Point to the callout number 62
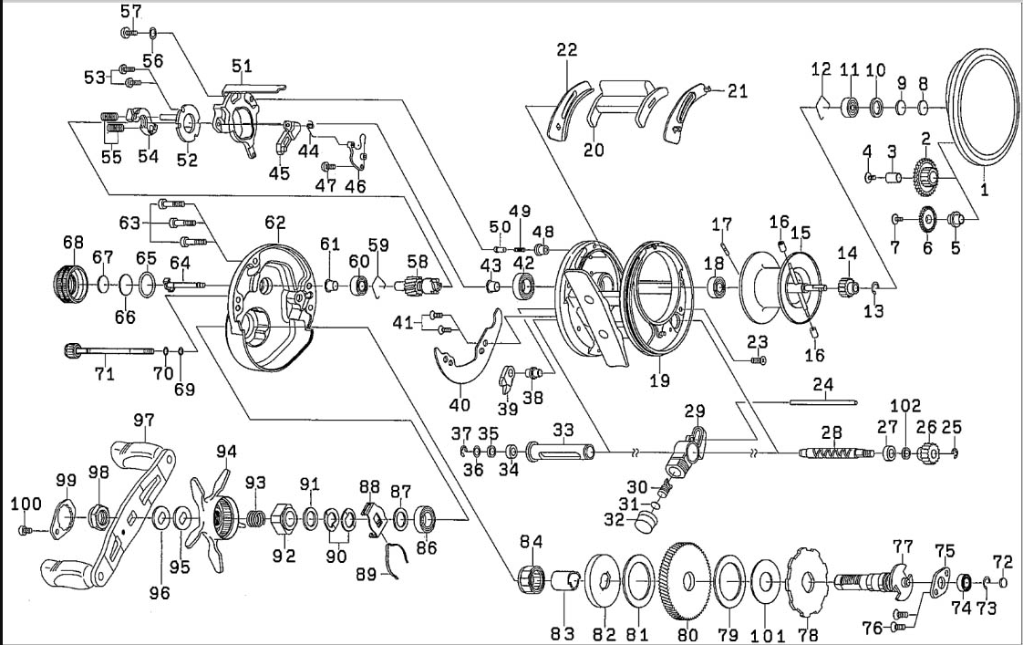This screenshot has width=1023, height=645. [x=275, y=222]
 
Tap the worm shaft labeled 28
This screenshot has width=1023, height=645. [x=834, y=453]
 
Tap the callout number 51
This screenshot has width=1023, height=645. [x=242, y=66]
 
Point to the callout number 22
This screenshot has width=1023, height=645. [x=567, y=50]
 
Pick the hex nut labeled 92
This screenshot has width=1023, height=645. [x=284, y=522]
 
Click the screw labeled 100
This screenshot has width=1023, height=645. [x=27, y=529]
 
